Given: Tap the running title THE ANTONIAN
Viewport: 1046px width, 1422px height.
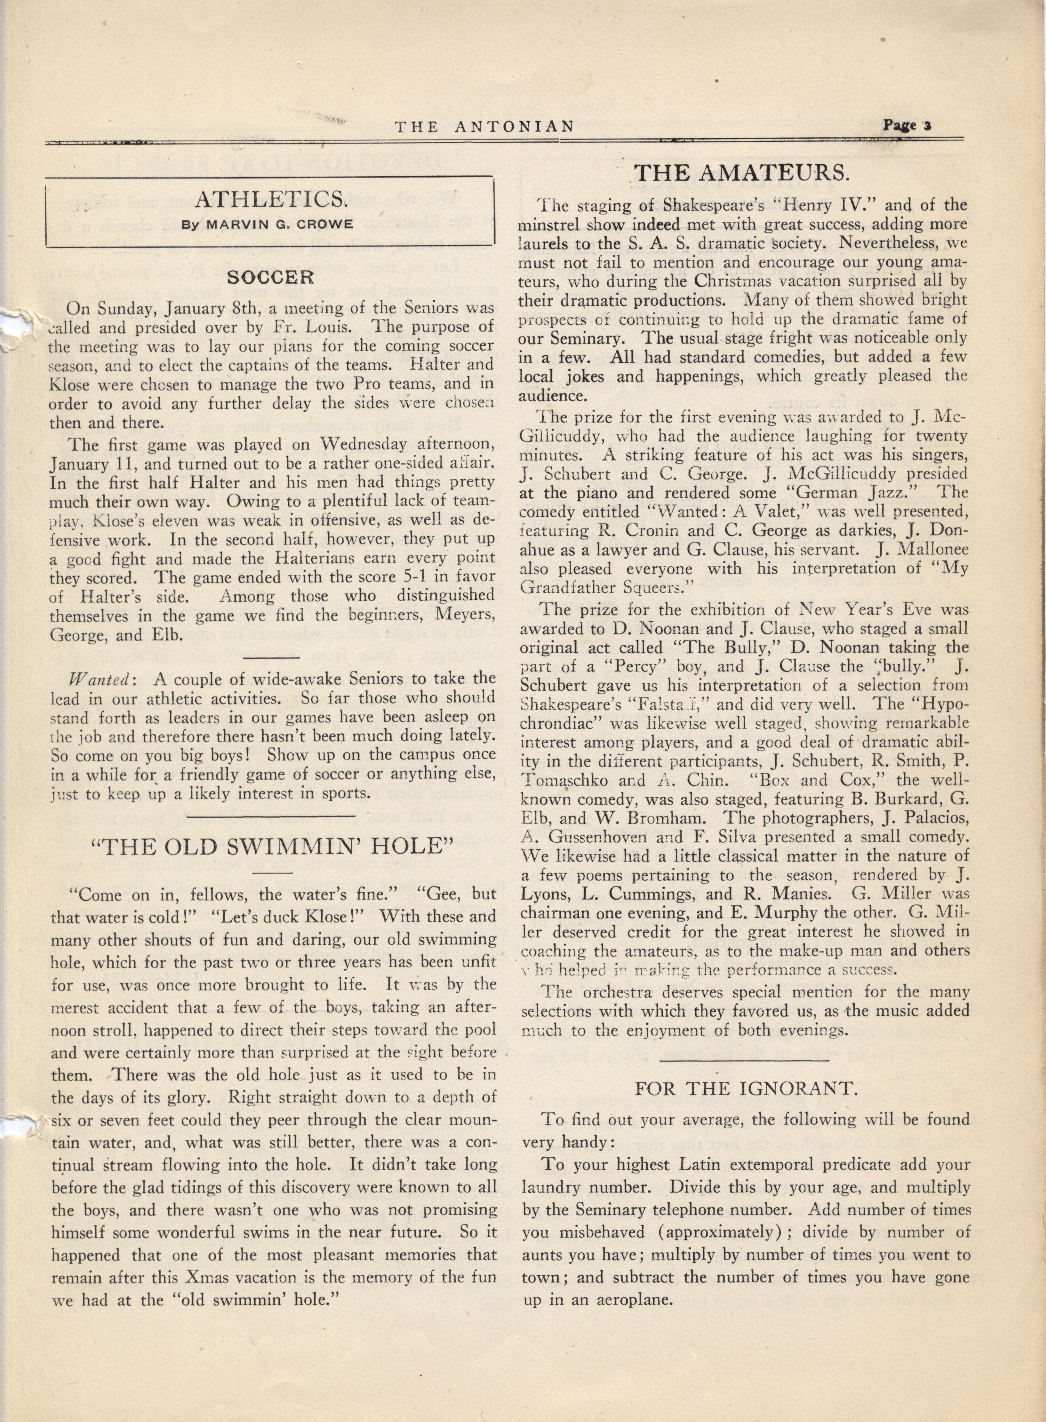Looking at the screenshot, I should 484,127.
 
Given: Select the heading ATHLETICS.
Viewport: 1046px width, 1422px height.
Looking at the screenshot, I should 270,200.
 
